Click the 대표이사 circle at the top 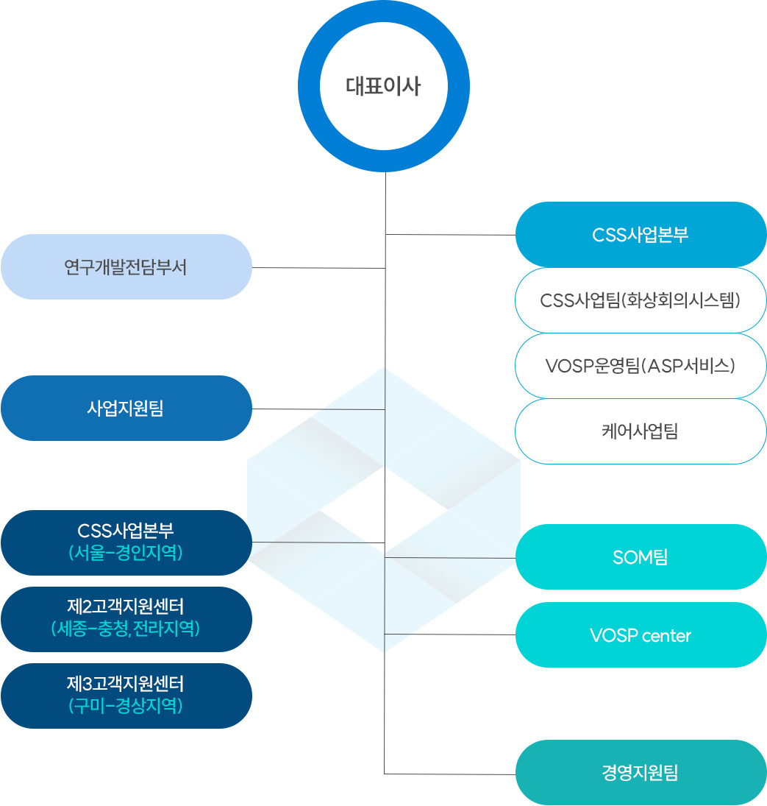pyautogui.click(x=383, y=86)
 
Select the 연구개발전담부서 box pyautogui.click(x=126, y=266)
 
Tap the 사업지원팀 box pyautogui.click(x=126, y=408)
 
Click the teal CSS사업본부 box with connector pyautogui.click(x=641, y=234)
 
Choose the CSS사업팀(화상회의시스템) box pyautogui.click(x=641, y=300)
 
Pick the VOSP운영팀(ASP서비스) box pyautogui.click(x=641, y=366)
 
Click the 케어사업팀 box pyautogui.click(x=641, y=431)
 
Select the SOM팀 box pyautogui.click(x=641, y=557)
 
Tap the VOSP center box pyautogui.click(x=641, y=635)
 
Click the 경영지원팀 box pyautogui.click(x=641, y=772)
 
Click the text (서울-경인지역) pyautogui.click(x=126, y=553)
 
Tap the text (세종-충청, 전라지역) pyautogui.click(x=126, y=629)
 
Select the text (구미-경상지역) pyautogui.click(x=126, y=706)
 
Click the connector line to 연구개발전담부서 pyautogui.click(x=318, y=268)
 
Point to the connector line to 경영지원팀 pyautogui.click(x=449, y=774)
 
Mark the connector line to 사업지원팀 pyautogui.click(x=318, y=409)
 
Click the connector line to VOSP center pyautogui.click(x=449, y=634)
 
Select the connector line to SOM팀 pyautogui.click(x=449, y=558)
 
